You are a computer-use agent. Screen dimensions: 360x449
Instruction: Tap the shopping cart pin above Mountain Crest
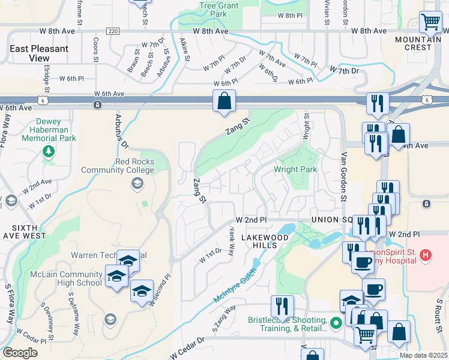(x=431, y=23)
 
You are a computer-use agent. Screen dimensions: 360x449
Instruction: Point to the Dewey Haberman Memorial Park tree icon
(x=49, y=151)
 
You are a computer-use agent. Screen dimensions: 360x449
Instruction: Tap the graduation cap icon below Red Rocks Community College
(x=136, y=184)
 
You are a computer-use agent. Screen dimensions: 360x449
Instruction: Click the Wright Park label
(x=295, y=170)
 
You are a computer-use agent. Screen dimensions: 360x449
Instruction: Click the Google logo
(x=20, y=353)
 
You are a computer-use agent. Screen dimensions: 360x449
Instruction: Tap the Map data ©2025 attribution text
(x=423, y=355)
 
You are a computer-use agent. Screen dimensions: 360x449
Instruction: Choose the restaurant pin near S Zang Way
(x=281, y=306)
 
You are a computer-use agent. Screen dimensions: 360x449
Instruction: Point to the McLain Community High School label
(x=66, y=279)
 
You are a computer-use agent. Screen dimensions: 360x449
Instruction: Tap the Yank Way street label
(x=231, y=241)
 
